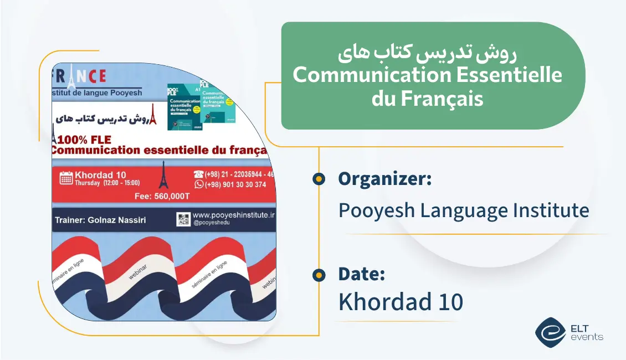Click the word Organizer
coord(384,179)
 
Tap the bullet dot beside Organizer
coord(319,179)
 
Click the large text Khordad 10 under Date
coord(401,302)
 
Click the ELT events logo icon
coord(550,331)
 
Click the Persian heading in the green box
coord(427,54)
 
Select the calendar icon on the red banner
coord(66,178)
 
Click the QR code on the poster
coord(183,219)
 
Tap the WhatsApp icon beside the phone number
coord(199,184)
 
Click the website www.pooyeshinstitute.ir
coord(233,215)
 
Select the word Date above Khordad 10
coord(361,274)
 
